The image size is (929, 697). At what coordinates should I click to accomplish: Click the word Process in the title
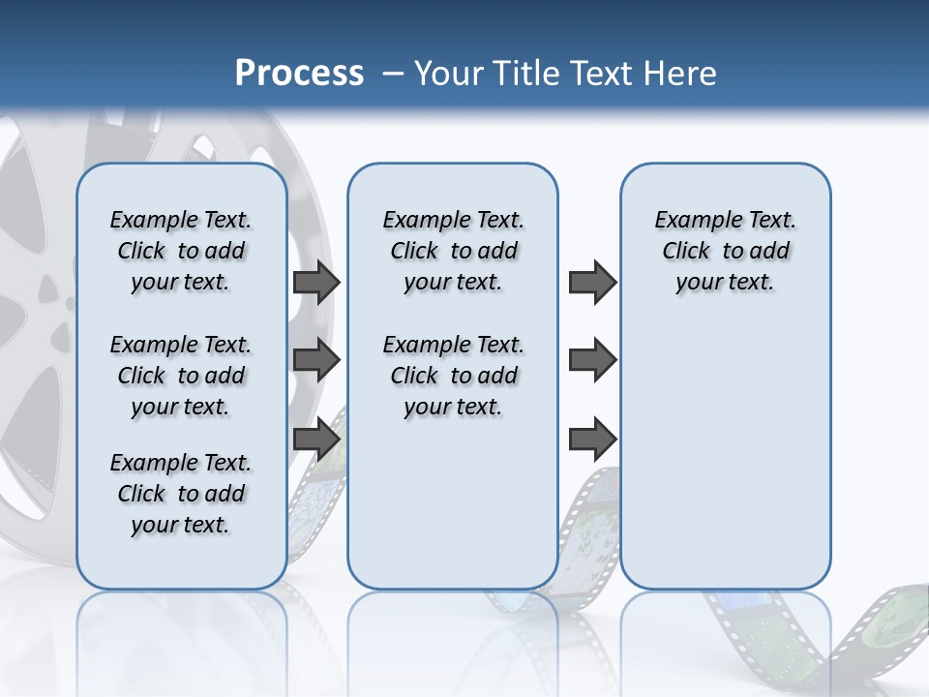point(299,74)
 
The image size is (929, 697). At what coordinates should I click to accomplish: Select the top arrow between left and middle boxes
point(316,283)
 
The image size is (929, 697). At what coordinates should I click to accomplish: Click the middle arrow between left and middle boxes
point(316,360)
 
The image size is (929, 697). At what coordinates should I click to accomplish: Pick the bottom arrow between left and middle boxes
point(316,439)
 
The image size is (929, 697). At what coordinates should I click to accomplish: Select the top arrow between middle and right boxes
point(592,283)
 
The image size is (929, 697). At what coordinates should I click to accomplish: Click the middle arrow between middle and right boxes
point(592,360)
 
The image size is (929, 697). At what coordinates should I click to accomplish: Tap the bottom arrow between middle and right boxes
point(592,439)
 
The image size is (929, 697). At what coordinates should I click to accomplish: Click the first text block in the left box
point(181,251)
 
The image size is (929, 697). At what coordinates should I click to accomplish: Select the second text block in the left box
point(181,376)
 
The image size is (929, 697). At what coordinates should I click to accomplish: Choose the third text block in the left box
point(181,494)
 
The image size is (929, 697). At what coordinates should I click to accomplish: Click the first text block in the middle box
point(454,251)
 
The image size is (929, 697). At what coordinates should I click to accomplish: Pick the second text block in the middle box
point(454,376)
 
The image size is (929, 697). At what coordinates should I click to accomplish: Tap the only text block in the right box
point(726,251)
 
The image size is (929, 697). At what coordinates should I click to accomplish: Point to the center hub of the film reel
point(48,290)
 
